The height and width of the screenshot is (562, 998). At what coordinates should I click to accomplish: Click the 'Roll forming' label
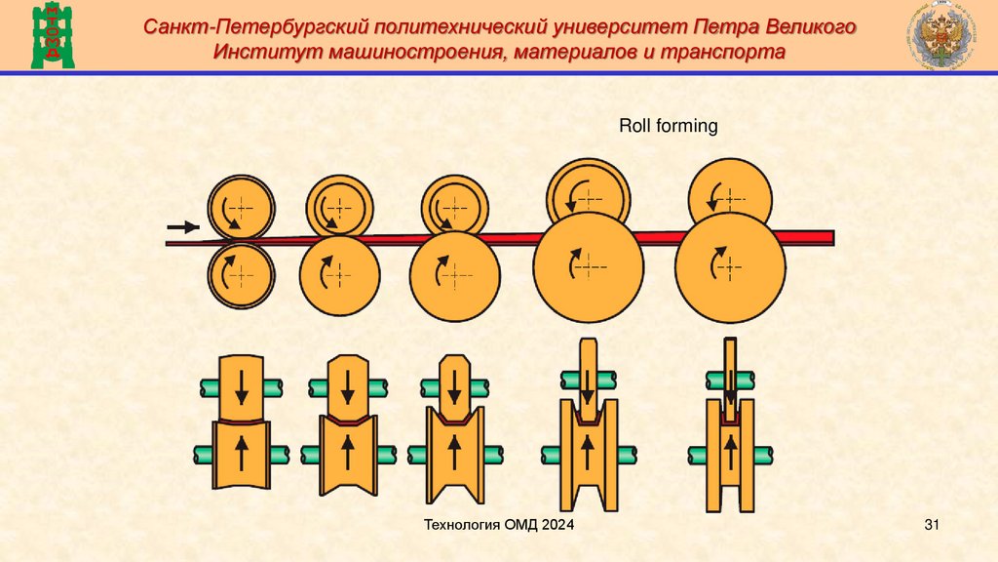[x=669, y=126]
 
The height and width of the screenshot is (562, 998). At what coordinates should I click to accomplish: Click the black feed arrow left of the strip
[x=182, y=226]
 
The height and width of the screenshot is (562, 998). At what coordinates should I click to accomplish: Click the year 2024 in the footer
[x=555, y=527]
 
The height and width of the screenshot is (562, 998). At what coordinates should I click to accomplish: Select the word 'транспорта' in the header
[x=727, y=54]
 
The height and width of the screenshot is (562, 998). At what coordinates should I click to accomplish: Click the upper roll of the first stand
[x=241, y=207]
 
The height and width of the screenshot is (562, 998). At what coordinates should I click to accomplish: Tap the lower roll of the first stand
[x=241, y=274]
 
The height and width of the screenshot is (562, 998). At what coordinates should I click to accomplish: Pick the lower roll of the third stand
[x=447, y=271]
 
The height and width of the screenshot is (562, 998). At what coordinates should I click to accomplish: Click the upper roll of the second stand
[x=340, y=207]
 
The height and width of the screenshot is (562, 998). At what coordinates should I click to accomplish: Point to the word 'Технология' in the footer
[x=463, y=527]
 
